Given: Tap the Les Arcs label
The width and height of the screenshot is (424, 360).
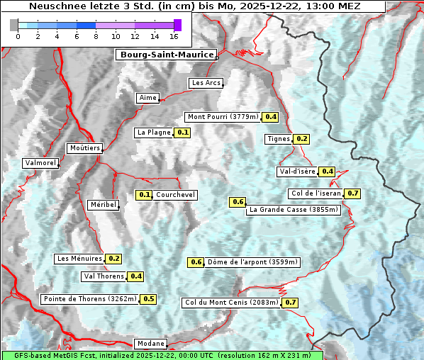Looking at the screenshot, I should click(206, 83).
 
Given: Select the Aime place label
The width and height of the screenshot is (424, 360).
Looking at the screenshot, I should click(148, 98).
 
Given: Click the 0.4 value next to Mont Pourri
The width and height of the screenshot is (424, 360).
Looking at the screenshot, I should click(270, 117).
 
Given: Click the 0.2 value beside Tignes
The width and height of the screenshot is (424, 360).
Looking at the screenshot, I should click(302, 139).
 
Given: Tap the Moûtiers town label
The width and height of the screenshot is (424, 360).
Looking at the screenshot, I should click(84, 148).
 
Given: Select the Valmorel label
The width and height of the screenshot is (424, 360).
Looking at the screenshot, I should click(40, 163).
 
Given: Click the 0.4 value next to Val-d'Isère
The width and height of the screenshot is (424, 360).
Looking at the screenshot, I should click(327, 171).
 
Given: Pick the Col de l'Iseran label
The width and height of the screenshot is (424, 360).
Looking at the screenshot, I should click(316, 193).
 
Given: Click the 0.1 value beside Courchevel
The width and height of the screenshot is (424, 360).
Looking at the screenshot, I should click(144, 195).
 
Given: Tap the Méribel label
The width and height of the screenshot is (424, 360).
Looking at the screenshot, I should click(103, 205).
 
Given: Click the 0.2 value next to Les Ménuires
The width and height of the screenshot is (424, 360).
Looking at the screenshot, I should click(114, 259).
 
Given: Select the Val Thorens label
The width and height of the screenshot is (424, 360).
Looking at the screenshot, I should click(104, 276).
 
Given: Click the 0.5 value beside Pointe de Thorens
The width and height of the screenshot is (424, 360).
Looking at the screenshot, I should click(148, 299).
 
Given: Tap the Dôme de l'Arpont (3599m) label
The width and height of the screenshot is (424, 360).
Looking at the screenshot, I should click(253, 262).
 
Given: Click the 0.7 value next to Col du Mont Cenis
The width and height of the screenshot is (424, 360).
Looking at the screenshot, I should click(290, 303).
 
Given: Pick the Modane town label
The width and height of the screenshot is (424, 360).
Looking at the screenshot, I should click(150, 344).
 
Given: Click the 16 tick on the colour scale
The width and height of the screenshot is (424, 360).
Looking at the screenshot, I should click(174, 36).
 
